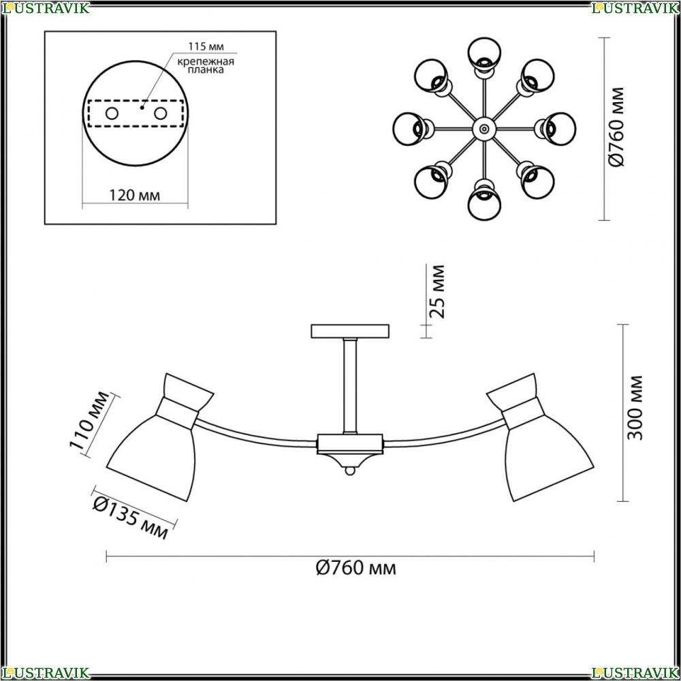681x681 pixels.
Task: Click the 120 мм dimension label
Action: coord(134,195)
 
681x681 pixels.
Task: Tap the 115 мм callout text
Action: coord(206,46)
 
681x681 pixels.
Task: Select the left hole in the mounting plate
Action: coord(112,114)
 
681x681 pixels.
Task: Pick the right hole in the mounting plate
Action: coord(160,114)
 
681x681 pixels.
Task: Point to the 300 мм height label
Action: coord(635,408)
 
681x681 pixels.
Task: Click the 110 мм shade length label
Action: coord(89,420)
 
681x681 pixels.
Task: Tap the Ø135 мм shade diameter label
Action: coord(131,518)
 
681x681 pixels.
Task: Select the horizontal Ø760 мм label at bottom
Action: coord(355,567)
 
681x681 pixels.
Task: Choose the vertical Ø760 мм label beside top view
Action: coord(616,127)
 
